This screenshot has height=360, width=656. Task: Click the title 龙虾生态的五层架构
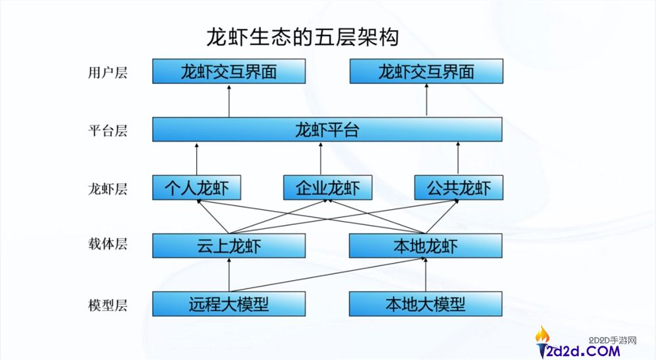click(x=302, y=37)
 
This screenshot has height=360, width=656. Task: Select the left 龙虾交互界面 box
click(x=229, y=71)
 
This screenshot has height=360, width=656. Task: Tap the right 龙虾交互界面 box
click(x=426, y=71)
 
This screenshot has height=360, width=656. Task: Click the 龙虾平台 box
click(x=327, y=129)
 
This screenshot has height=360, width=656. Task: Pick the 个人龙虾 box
click(x=196, y=188)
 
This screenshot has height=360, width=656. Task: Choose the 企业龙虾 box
click(x=327, y=188)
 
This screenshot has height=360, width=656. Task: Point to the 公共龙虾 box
click(x=459, y=188)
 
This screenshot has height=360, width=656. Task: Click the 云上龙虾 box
click(x=229, y=246)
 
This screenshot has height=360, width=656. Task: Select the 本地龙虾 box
click(x=426, y=246)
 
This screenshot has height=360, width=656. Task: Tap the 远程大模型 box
click(x=229, y=304)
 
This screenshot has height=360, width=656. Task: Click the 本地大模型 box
click(x=426, y=304)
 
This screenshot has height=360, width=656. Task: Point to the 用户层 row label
click(x=107, y=72)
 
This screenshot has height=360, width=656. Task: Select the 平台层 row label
click(x=107, y=130)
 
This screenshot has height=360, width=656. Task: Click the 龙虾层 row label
click(x=107, y=189)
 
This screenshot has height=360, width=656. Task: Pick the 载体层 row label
click(x=107, y=244)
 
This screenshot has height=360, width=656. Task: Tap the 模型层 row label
click(x=107, y=304)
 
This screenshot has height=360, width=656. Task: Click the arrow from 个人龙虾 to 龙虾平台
click(x=196, y=159)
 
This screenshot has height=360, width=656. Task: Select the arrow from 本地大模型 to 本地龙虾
click(x=426, y=275)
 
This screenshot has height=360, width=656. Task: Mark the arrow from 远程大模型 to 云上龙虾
click(x=229, y=275)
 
